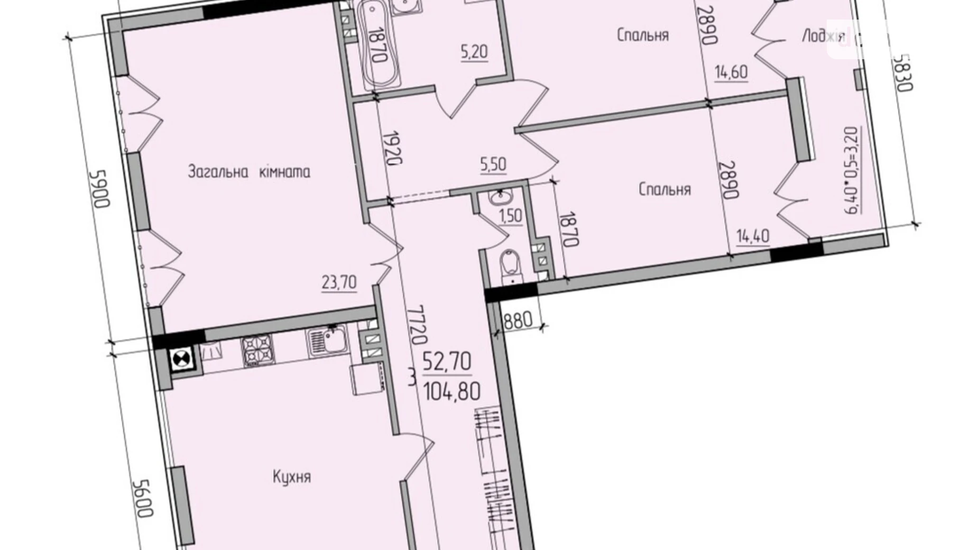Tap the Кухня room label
292,476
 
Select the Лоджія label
823,36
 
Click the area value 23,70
339,283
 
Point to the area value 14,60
731,72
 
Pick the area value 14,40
753,236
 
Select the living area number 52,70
447,362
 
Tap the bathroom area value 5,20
474,52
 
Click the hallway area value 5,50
493,165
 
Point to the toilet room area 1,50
511,216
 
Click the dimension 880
519,321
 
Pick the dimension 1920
393,148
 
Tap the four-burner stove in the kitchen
259,350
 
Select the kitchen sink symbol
327,341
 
